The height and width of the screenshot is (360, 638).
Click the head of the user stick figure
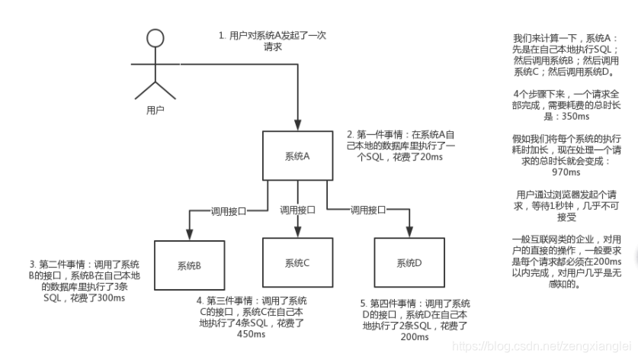pos(155,39)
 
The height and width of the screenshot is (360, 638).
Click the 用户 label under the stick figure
pos(155,110)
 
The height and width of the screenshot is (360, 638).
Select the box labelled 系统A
pos(297,156)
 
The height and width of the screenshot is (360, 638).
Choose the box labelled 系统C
pos(297,263)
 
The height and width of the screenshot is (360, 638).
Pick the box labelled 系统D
pos(409,263)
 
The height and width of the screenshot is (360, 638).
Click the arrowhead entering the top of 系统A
pos(297,125)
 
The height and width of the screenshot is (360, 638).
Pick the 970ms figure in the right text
pos(564,173)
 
